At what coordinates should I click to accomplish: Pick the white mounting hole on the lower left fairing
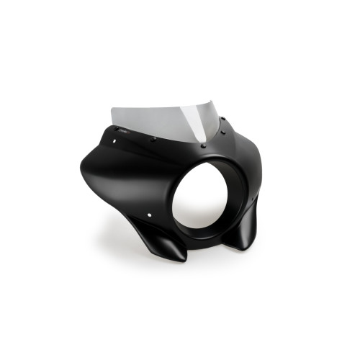[x=149, y=215]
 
